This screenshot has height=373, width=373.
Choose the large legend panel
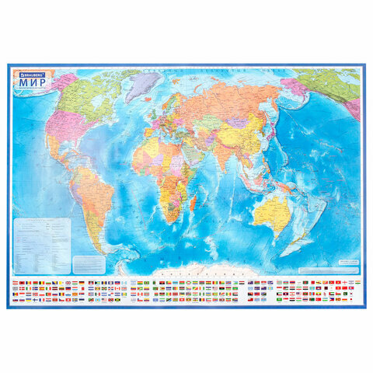click(42, 236)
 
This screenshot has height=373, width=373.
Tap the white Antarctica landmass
click(194, 271)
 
